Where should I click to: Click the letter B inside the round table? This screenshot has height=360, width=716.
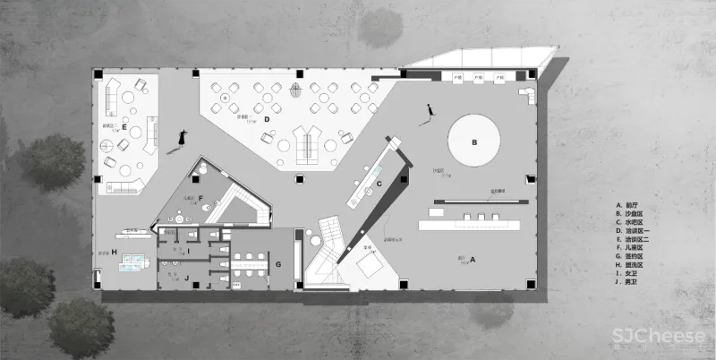(x=475, y=141)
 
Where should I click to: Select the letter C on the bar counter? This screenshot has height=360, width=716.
(x=379, y=184)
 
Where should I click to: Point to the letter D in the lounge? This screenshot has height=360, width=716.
(x=267, y=118)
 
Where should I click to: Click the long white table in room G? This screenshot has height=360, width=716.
(x=252, y=261)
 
